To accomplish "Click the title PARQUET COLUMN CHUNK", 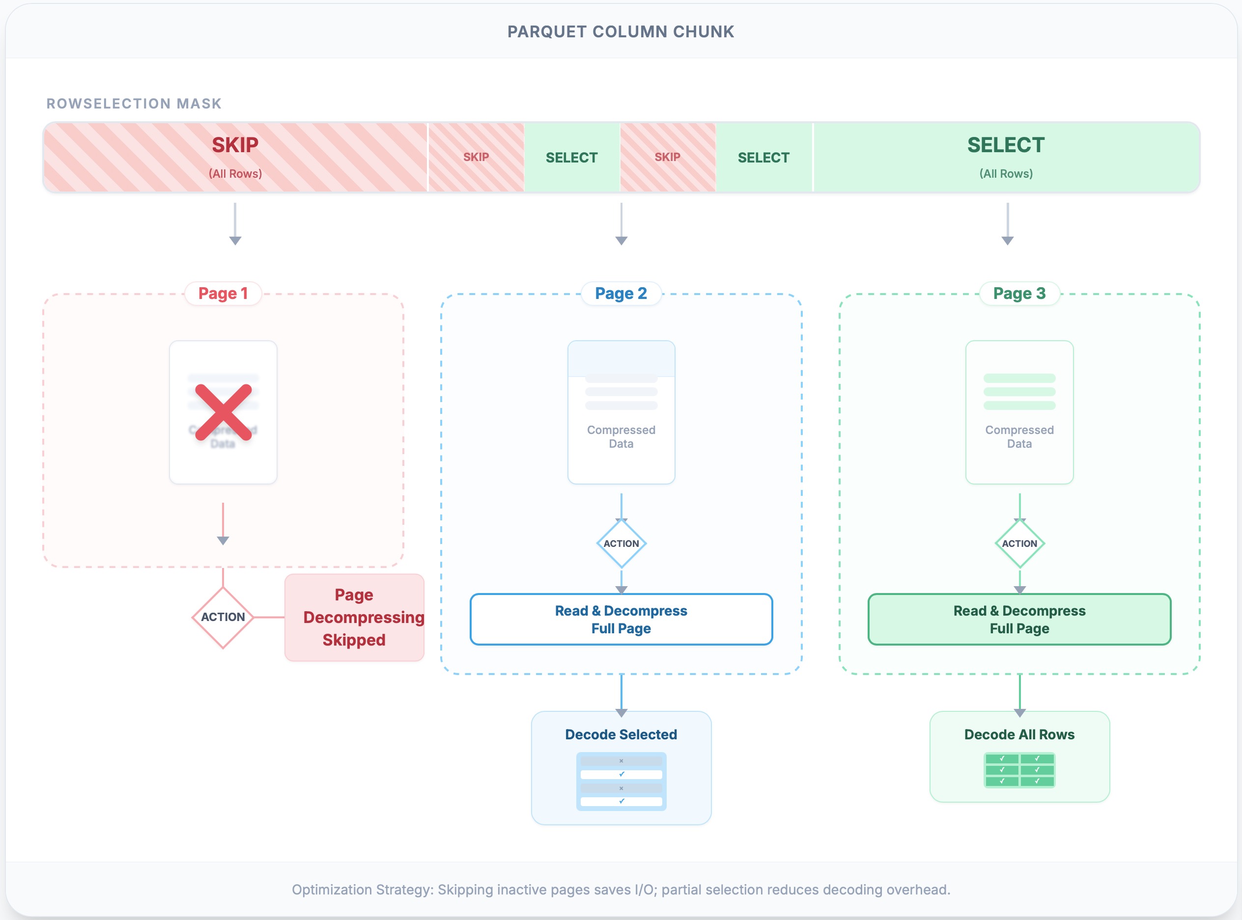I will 621,32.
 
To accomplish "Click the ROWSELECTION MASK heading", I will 134,104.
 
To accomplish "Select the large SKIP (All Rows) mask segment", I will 235,158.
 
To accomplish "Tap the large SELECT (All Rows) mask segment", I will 1006,158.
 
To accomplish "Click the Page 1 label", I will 223,294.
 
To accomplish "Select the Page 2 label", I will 621,294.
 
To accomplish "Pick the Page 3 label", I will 1019,294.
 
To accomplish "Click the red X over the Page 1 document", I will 223,412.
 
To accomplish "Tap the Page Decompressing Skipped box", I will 354,617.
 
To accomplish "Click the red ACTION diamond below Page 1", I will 223,617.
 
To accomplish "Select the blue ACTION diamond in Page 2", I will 621,543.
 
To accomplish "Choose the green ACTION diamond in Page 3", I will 1019,543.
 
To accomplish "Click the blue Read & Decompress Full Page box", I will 621,619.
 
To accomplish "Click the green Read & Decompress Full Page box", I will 1019,619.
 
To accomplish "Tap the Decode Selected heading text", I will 621,734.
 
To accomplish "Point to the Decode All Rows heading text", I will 1019,734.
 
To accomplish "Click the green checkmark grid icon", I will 1019,770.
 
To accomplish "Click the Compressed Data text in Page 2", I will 621,436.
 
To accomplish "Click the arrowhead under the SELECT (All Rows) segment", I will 1008,241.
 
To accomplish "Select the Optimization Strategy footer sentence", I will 621,890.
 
